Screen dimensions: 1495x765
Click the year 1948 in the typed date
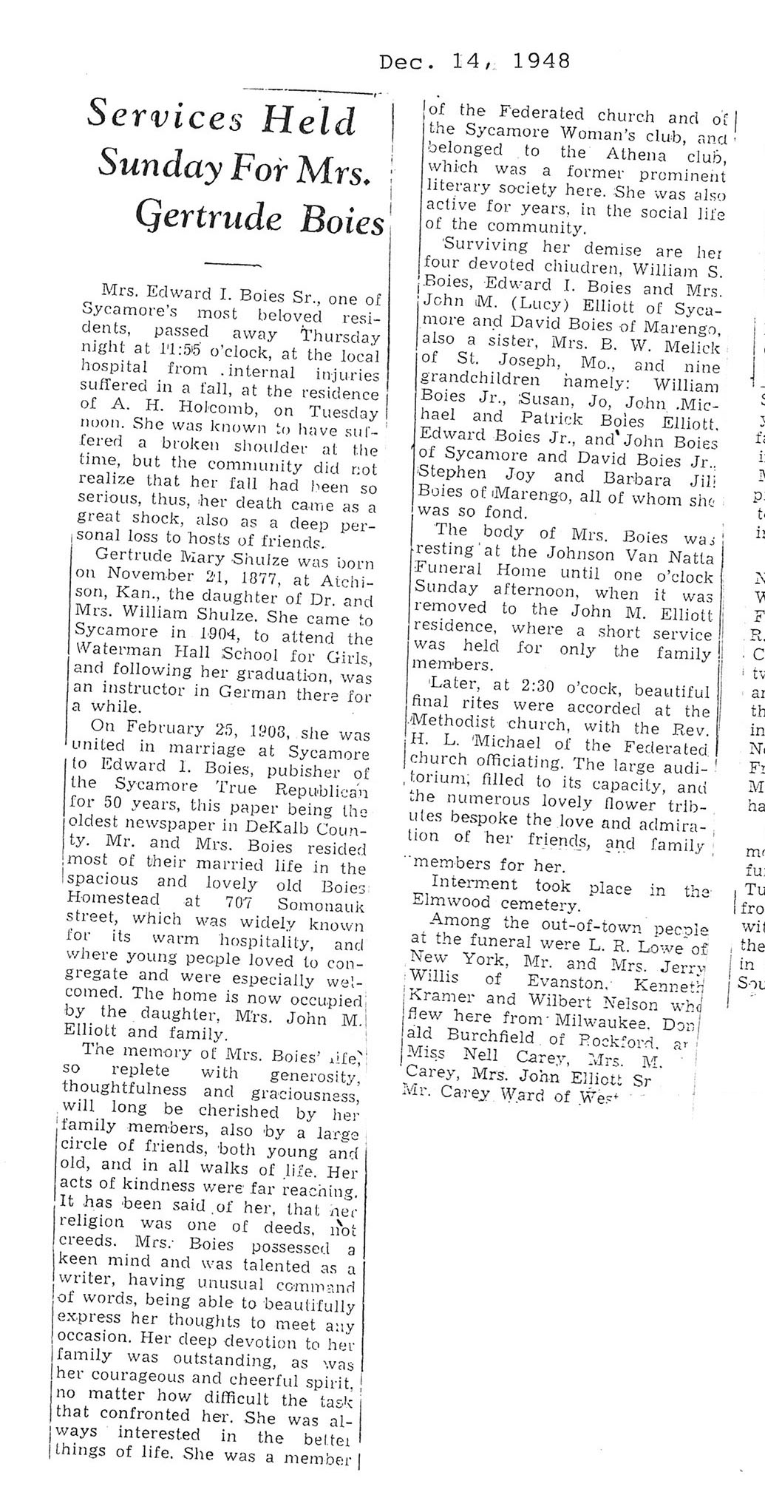coord(540,61)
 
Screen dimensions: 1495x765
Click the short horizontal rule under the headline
coord(232,263)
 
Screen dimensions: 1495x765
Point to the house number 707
coord(237,904)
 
